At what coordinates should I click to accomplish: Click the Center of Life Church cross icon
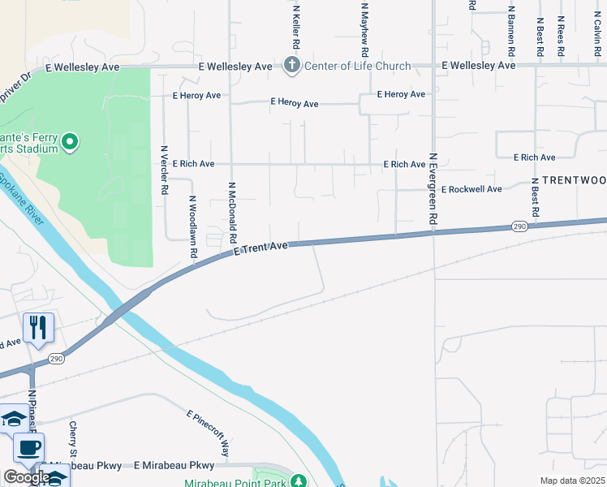tap(292, 65)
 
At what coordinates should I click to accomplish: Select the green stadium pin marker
tap(70, 143)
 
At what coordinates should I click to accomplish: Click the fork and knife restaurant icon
tap(38, 327)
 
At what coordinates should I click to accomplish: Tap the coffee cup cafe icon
tap(29, 447)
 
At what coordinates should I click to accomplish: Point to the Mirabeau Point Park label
tap(235, 481)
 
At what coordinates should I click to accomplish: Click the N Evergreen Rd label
tap(433, 189)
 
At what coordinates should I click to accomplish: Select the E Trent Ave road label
tap(260, 248)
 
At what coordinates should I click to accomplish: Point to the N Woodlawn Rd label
tap(193, 226)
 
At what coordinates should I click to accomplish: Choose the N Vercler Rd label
tap(164, 170)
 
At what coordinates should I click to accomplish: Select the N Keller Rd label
tap(297, 22)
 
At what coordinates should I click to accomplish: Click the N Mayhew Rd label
tap(365, 22)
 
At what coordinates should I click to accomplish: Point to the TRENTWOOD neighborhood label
tap(574, 179)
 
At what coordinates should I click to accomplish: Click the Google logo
tap(26, 477)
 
